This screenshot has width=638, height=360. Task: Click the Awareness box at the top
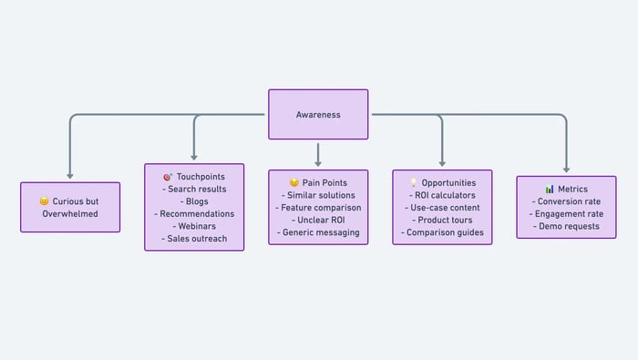point(318,114)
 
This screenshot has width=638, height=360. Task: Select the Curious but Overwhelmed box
point(70,207)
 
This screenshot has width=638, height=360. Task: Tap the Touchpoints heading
point(200,176)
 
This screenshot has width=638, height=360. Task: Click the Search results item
point(194,189)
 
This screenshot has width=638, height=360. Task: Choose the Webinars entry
point(194,226)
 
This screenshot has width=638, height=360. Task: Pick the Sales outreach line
point(194,239)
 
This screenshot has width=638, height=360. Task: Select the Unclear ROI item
point(318,220)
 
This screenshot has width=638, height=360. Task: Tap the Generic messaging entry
point(318,232)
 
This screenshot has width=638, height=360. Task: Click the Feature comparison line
point(318,208)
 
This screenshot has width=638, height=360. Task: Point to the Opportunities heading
point(448,182)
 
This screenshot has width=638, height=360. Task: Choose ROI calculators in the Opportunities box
point(442,195)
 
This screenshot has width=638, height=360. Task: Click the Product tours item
point(442,220)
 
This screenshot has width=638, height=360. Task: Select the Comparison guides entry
point(442,232)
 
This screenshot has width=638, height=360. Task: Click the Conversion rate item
point(566,201)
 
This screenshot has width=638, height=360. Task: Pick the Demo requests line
point(566,226)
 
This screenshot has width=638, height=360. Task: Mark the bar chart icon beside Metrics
point(550,189)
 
